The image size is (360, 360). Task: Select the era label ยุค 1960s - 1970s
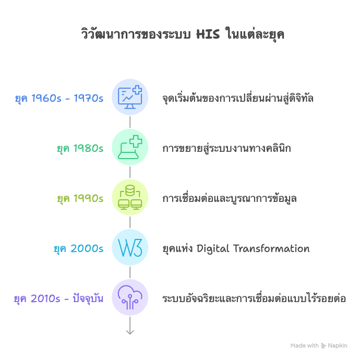point(59,98)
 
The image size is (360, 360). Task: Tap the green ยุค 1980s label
point(80,148)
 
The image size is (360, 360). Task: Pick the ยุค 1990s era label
point(80,198)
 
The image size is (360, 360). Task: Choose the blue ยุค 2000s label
point(78,248)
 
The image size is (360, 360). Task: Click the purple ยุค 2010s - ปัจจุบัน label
point(58,299)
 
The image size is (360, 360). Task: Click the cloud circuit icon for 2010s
point(130,297)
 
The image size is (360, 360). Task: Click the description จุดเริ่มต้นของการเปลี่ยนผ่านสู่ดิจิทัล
point(238,98)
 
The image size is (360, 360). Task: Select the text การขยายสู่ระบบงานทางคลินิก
point(226,148)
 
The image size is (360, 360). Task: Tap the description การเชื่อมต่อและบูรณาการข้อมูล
point(230,198)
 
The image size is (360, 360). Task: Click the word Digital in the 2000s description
point(212,248)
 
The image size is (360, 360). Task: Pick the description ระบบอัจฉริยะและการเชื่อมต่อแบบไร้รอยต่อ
point(254,299)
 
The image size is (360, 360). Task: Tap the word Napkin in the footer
point(338,345)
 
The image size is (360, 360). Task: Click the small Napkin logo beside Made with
point(323,345)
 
